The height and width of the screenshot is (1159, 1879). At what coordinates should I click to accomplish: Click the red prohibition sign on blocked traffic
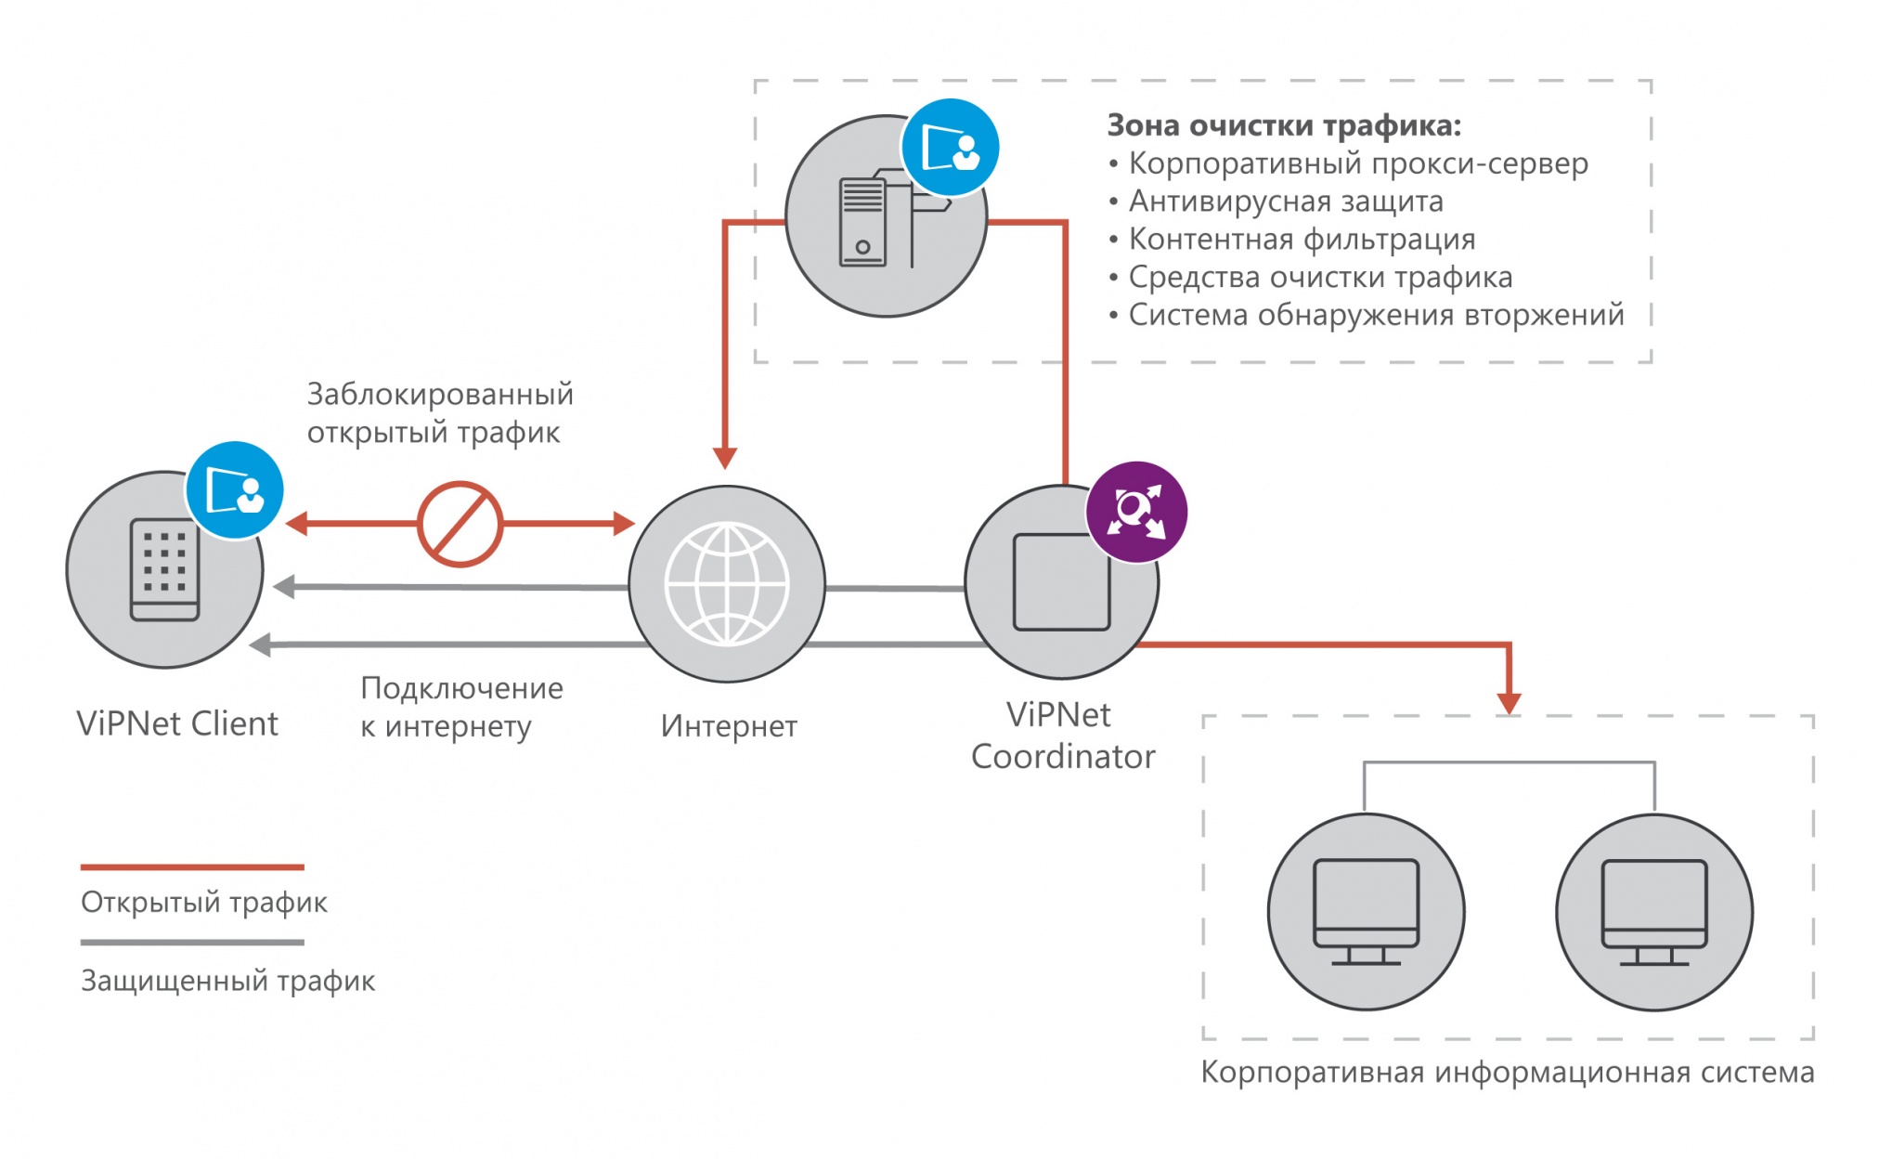[460, 524]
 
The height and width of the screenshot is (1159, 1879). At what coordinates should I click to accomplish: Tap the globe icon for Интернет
[727, 584]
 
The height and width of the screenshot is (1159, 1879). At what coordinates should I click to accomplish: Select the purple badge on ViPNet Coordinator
[1136, 512]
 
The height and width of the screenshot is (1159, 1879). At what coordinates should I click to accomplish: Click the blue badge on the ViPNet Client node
[234, 490]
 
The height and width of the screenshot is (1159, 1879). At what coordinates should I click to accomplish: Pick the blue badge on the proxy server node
[950, 148]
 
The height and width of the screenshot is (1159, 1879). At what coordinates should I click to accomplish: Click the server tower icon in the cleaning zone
[863, 223]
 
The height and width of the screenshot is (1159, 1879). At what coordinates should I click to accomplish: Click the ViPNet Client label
[177, 723]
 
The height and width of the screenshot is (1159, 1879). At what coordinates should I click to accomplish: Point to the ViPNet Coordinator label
[1062, 736]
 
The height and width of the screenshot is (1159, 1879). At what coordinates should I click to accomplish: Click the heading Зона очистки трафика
[1284, 124]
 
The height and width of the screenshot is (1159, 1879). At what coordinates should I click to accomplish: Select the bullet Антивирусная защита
[1286, 201]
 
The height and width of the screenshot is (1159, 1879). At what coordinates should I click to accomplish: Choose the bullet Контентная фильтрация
[1302, 239]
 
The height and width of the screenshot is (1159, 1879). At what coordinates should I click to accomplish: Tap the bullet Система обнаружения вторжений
[1376, 315]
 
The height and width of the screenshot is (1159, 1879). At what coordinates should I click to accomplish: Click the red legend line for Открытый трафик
[192, 867]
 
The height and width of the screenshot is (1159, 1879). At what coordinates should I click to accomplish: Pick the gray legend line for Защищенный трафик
[192, 943]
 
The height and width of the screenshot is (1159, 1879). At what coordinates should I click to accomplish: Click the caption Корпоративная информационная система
[1508, 1072]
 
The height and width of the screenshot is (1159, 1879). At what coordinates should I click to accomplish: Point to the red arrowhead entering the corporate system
[1510, 703]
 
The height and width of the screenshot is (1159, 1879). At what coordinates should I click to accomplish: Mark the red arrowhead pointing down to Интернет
[725, 458]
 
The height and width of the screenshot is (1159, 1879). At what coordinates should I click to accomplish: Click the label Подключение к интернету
[461, 707]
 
